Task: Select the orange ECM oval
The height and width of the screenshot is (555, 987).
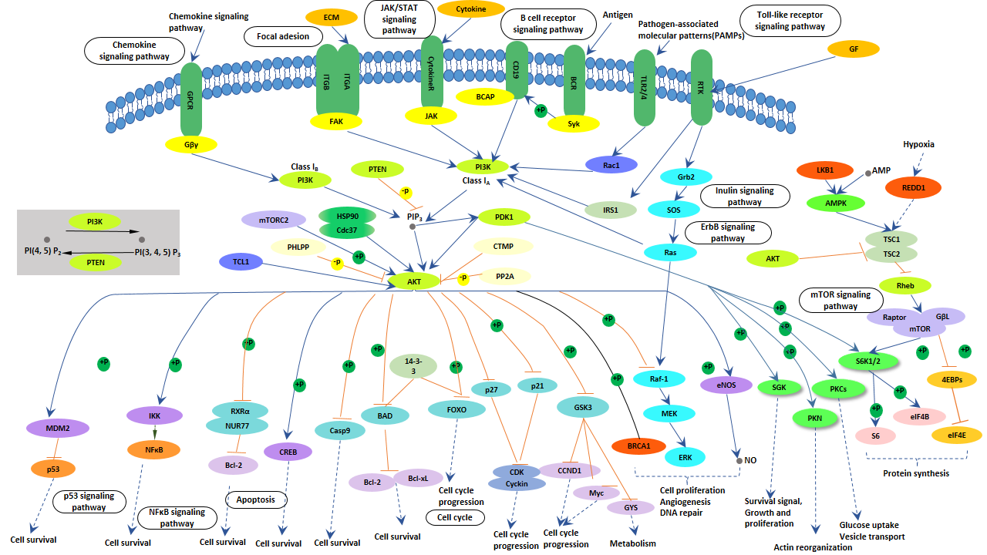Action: [x=332, y=17]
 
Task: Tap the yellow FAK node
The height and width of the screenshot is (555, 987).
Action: [x=335, y=121]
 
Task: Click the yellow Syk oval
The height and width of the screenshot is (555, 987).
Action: [x=574, y=123]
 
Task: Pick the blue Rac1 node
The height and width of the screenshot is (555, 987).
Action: [x=611, y=163]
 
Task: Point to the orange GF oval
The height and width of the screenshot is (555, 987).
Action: [x=853, y=49]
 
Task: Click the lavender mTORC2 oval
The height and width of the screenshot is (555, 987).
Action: [x=274, y=220]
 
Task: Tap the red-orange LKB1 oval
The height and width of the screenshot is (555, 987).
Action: [x=826, y=169]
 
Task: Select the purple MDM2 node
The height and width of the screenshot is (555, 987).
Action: [x=59, y=426]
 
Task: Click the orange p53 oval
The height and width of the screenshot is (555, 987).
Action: [x=54, y=467]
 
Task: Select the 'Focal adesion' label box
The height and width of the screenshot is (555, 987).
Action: [x=278, y=36]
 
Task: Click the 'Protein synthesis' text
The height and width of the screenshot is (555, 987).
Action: [x=916, y=473]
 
